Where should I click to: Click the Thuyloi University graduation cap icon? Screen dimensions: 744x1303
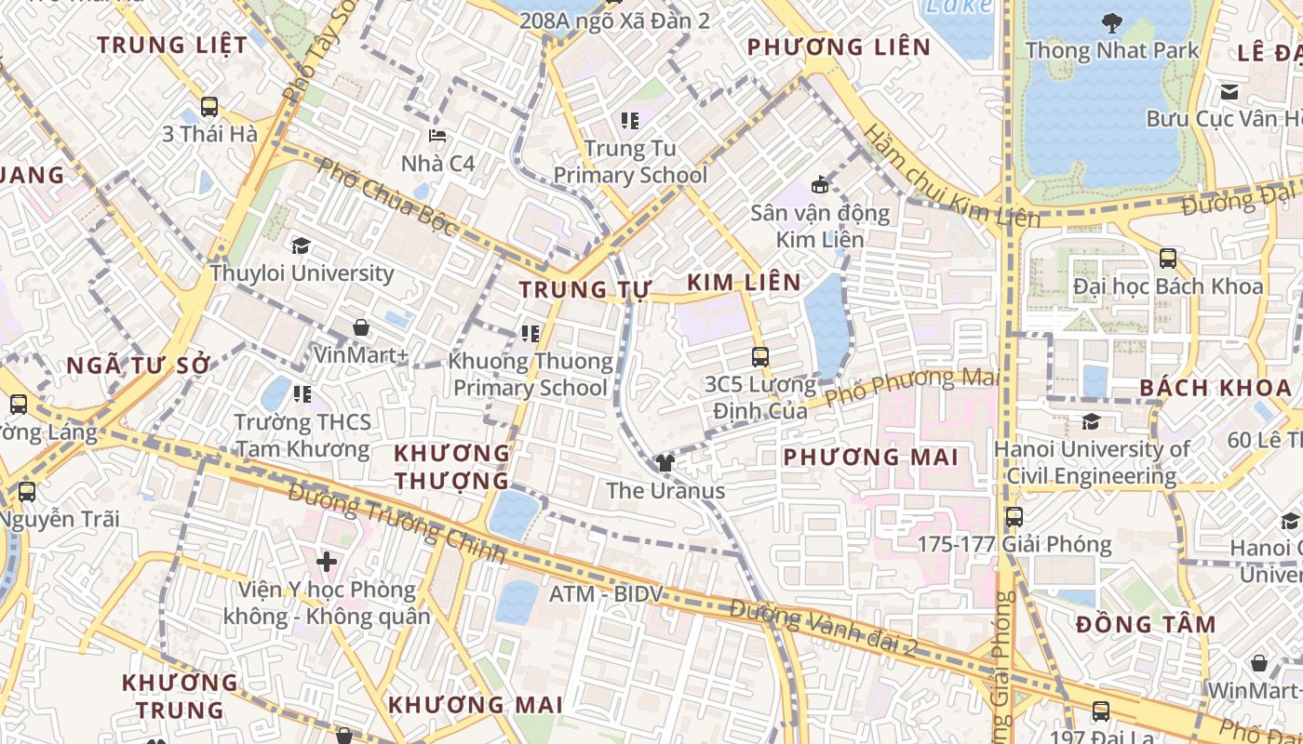(x=301, y=246)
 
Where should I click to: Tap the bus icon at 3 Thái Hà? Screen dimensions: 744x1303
(x=209, y=107)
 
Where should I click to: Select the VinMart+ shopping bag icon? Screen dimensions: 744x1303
(x=361, y=327)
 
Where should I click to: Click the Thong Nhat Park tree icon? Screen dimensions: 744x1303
(x=1111, y=22)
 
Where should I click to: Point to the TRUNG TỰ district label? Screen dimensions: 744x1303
(x=584, y=289)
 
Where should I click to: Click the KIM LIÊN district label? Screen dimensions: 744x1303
(x=744, y=283)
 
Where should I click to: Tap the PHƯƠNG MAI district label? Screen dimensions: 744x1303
(x=870, y=457)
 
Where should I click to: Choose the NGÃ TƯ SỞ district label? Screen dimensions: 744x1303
(x=140, y=365)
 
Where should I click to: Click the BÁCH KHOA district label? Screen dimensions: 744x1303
(x=1216, y=388)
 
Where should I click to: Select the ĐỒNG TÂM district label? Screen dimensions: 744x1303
(x=1146, y=624)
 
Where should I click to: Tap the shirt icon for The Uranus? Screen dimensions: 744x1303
(x=665, y=462)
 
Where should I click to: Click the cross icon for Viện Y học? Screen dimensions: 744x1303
(x=327, y=562)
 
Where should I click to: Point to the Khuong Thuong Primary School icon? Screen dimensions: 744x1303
(x=531, y=333)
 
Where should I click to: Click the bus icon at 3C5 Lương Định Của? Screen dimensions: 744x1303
(x=760, y=356)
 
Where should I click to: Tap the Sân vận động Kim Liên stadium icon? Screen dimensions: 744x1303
(x=820, y=184)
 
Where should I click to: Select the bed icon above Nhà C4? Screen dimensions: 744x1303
(x=437, y=136)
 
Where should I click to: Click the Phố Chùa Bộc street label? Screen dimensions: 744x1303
(x=387, y=196)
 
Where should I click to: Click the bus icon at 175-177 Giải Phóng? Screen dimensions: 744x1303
(x=1014, y=516)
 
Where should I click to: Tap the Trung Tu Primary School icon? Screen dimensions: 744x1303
(x=630, y=120)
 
